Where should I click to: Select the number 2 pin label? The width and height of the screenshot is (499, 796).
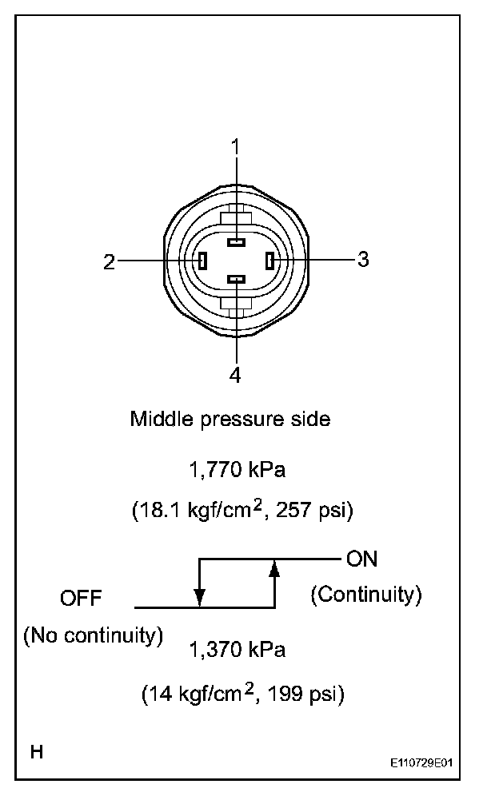pos(110,262)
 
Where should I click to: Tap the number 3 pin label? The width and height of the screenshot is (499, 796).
pos(362,259)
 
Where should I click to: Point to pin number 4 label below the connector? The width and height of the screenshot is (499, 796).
pos(236,376)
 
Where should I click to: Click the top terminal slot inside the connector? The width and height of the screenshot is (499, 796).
pos(236,241)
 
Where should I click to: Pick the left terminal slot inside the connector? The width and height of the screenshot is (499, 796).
pos(203,261)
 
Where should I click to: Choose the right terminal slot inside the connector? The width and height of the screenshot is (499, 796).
pos(269,261)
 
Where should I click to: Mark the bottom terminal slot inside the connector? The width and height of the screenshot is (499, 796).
pos(236,279)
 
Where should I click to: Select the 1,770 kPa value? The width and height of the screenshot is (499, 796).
pos(237,470)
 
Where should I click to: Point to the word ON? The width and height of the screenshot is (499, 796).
pos(362,559)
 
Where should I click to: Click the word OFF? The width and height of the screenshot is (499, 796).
pos(81,599)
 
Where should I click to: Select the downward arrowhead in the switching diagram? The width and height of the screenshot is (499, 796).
pos(199,597)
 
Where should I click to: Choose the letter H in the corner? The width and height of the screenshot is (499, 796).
pos(37,752)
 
